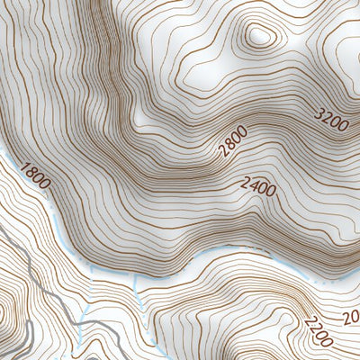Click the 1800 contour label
coord(34,175)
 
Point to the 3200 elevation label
coord(331,117)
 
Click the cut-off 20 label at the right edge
coord(352,317)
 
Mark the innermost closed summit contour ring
coord(259,37)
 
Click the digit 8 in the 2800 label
coord(229,146)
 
